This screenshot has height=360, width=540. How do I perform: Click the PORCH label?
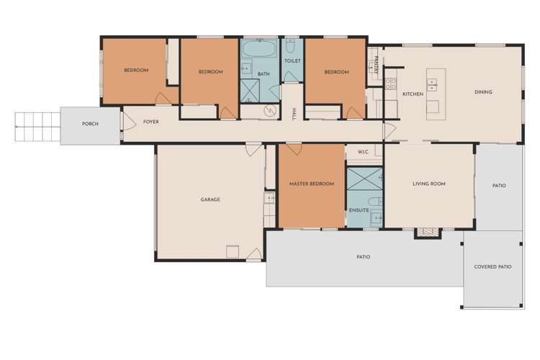pyautogui.click(x=90, y=124)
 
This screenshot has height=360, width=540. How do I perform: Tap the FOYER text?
pyautogui.click(x=150, y=122)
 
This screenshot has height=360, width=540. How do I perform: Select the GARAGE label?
pyautogui.click(x=210, y=199)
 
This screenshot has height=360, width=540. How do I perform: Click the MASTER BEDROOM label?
pyautogui.click(x=311, y=184)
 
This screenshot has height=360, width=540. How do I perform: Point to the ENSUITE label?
pyautogui.click(x=359, y=210)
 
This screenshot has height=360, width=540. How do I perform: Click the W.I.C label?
pyautogui.click(x=362, y=152)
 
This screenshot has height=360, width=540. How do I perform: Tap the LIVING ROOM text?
pyautogui.click(x=428, y=184)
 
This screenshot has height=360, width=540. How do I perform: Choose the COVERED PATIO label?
pyautogui.click(x=492, y=266)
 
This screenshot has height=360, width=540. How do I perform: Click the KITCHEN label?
pyautogui.click(x=413, y=94)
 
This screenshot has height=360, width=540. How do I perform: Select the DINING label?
pyautogui.click(x=483, y=92)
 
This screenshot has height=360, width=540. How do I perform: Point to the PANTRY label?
pyautogui.click(x=376, y=64)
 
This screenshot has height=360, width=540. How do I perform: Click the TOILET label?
pyautogui.click(x=292, y=61)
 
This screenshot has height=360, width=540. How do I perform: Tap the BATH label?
pyautogui.click(x=264, y=73)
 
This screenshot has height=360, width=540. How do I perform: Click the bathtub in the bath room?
pyautogui.click(x=258, y=50)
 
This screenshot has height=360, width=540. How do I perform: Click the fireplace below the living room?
pyautogui.click(x=426, y=233)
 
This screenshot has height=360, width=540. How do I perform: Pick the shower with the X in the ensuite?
pyautogui.click(x=363, y=178)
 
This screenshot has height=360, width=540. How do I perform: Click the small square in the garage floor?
pyautogui.click(x=233, y=251)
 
